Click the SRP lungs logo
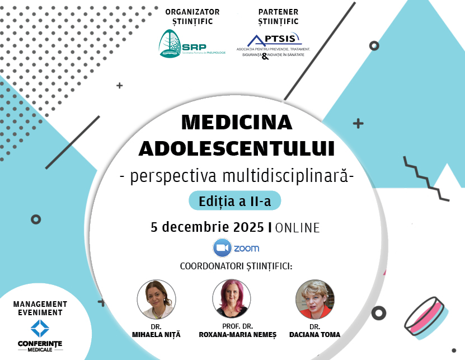(x=169, y=43)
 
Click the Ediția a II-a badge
(x=234, y=201)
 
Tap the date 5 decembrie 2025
(x=207, y=227)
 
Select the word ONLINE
(x=298, y=228)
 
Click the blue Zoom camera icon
(x=222, y=247)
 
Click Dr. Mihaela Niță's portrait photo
(x=153, y=299)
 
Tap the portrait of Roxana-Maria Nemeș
(x=231, y=299)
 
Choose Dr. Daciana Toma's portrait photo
(x=314, y=299)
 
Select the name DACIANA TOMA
(x=318, y=335)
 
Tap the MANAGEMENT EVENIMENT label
(x=40, y=308)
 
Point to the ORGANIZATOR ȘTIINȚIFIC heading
(x=192, y=17)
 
